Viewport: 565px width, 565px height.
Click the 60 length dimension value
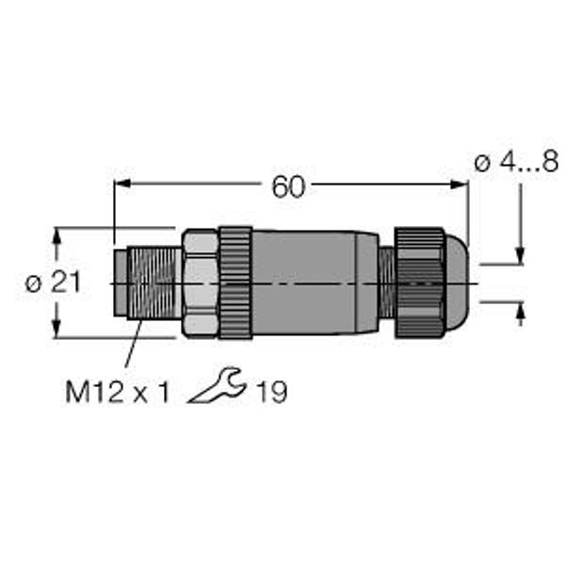(288, 186)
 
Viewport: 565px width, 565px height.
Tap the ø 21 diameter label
(53, 282)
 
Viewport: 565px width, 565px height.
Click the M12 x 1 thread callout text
(117, 392)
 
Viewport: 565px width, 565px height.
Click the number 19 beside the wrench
(271, 392)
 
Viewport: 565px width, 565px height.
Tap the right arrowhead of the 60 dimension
(460, 185)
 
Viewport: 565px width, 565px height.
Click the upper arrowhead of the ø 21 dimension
(56, 236)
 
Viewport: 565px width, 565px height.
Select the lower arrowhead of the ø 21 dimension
(56, 329)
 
